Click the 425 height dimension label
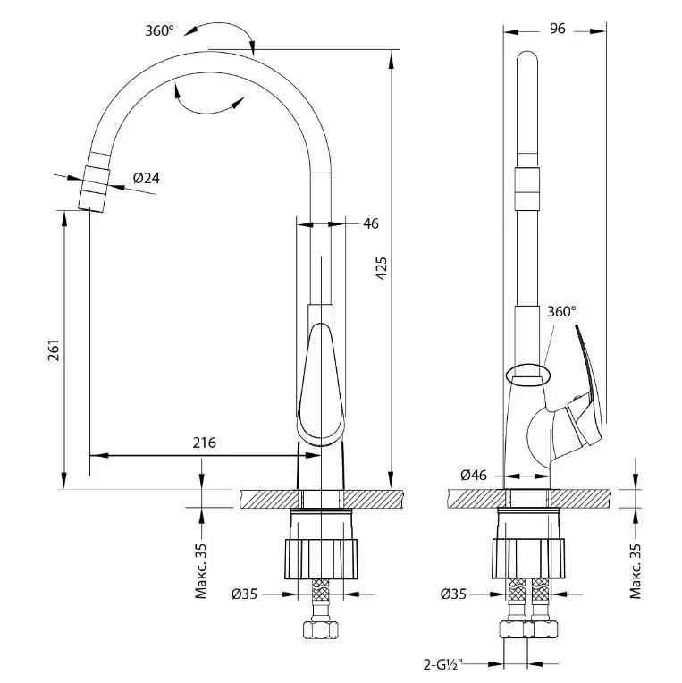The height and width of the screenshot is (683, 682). click(x=381, y=268)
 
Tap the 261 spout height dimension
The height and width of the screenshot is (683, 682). click(x=53, y=350)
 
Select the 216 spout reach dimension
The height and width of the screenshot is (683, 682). click(x=205, y=443)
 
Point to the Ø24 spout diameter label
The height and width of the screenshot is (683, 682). click(x=147, y=178)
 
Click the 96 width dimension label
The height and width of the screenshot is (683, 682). click(x=558, y=29)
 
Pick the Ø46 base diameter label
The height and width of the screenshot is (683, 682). click(x=474, y=475)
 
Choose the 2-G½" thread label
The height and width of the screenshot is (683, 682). click(x=443, y=664)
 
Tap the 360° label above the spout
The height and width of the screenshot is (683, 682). click(x=159, y=30)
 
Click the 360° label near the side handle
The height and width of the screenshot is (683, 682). click(x=561, y=311)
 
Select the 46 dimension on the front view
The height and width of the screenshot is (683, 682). click(x=371, y=223)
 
